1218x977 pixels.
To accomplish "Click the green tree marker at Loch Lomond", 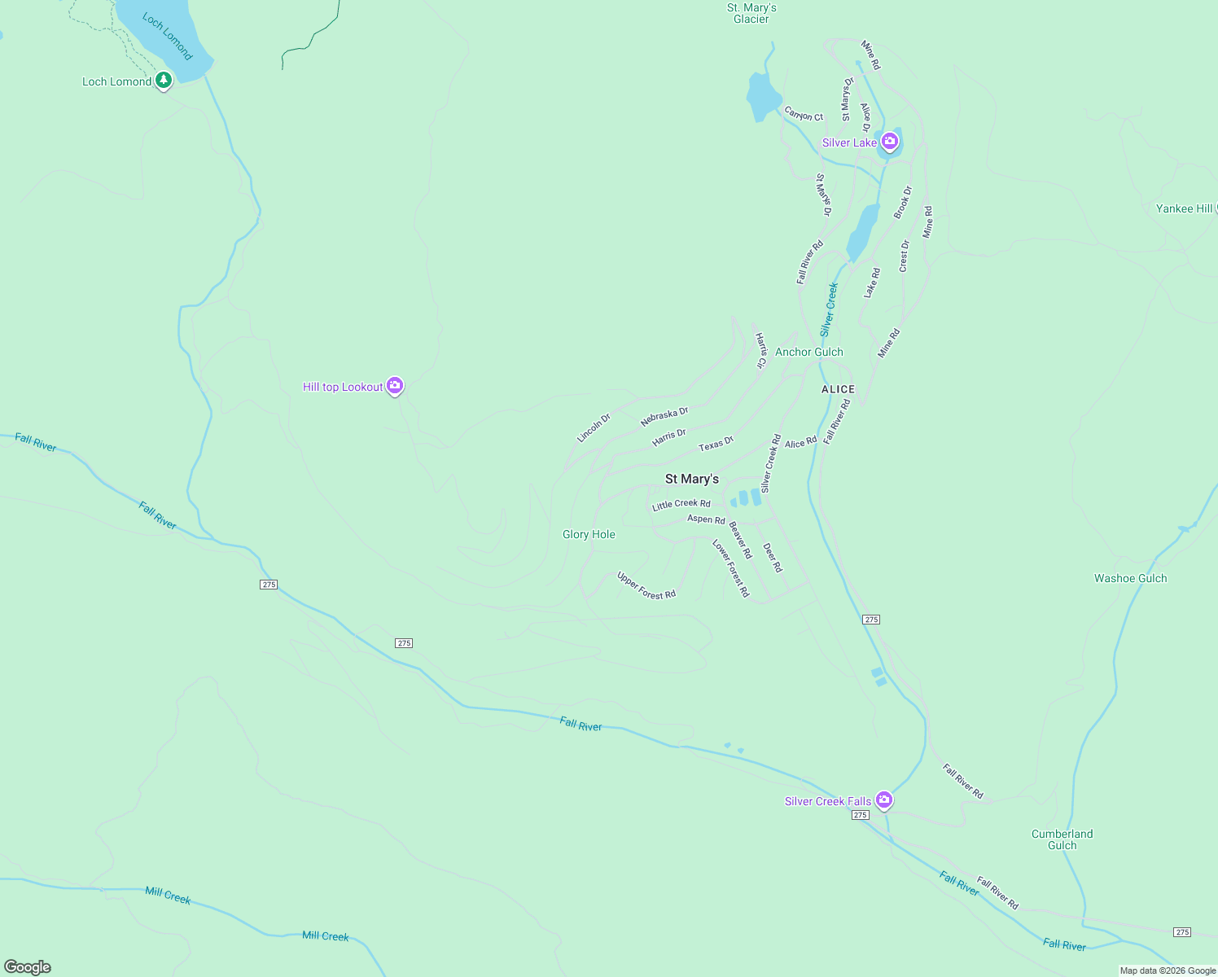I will point(164,81).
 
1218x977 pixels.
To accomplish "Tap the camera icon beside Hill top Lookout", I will point(395,386).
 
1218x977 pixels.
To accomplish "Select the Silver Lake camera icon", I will point(890,142).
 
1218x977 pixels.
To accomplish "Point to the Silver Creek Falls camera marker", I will point(884,800).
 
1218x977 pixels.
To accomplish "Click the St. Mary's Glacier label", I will point(751,13).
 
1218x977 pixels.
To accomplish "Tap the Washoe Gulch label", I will point(1130,578).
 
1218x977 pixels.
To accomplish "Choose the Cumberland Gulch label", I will point(1062,839).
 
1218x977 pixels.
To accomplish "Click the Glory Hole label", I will point(589,534).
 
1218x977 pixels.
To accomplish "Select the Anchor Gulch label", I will point(808,352).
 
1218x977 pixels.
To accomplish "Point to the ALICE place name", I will point(838,389).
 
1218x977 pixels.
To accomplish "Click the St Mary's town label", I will point(691,479).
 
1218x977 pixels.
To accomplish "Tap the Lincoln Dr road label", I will point(594,428).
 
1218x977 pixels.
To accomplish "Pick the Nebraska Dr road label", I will point(664,416).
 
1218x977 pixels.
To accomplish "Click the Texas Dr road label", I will point(716,444).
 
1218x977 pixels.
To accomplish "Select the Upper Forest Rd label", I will point(646,585).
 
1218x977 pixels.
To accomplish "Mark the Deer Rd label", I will point(772,558).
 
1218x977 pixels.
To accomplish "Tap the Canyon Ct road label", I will point(804,114).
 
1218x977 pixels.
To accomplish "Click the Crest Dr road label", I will point(904,256).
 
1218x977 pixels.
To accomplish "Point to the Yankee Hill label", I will point(1185,208).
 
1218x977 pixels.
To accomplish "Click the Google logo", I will point(28,967).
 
